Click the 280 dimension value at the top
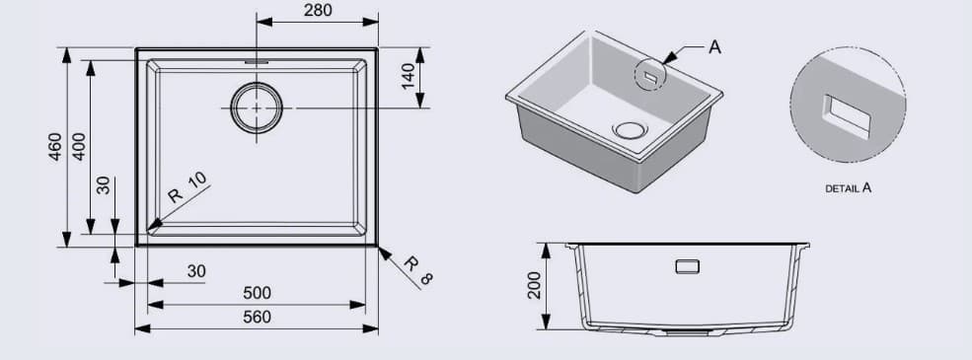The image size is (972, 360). tap(318, 11)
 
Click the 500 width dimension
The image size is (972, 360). tap(257, 294)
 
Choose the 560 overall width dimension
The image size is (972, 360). tap(257, 318)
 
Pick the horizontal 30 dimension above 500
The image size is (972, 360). tap(196, 270)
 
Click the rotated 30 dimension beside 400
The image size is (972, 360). tap(104, 185)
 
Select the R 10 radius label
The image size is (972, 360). tap(187, 186)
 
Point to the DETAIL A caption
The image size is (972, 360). tap(848, 186)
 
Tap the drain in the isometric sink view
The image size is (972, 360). tap(628, 128)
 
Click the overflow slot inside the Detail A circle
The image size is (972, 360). tap(848, 115)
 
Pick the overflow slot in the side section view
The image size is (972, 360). tap(687, 265)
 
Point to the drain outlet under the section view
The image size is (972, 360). tap(687, 333)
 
